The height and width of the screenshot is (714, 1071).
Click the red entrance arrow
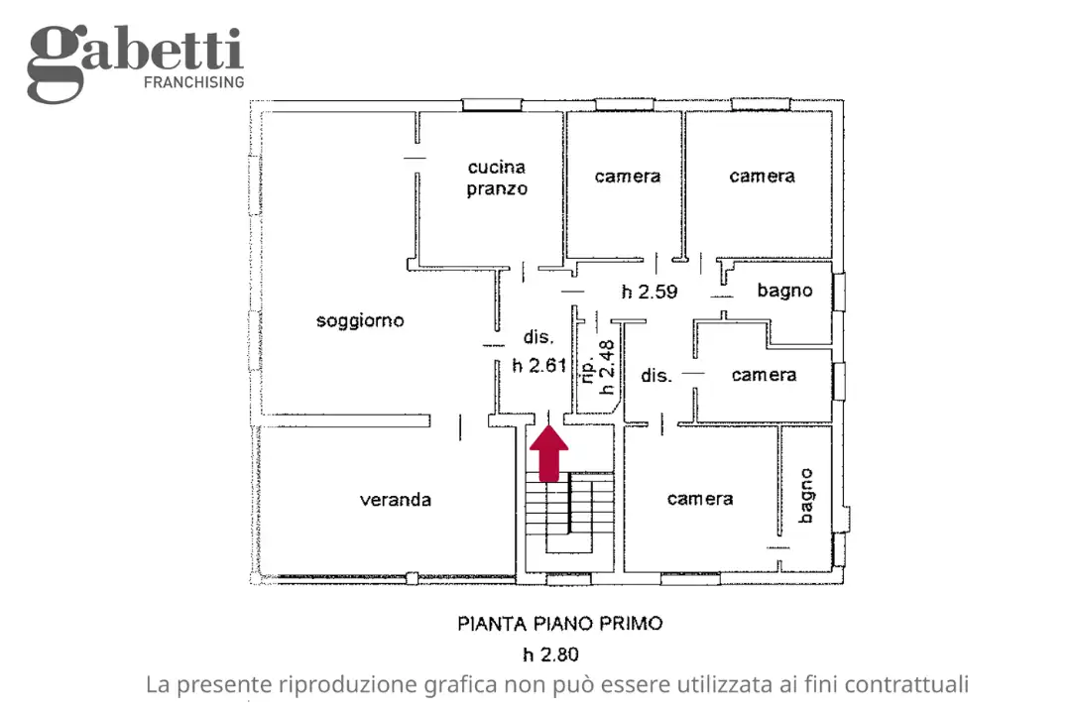click(x=548, y=455)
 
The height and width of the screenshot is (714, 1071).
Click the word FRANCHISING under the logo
click(x=194, y=82)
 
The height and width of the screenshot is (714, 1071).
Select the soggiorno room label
click(x=360, y=320)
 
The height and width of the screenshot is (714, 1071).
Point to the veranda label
click(x=395, y=500)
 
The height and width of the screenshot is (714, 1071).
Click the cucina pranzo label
click(x=497, y=178)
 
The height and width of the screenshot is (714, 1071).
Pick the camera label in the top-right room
click(x=762, y=176)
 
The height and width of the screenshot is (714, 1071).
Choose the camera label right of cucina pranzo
click(x=627, y=176)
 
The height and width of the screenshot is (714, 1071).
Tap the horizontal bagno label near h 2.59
click(x=784, y=291)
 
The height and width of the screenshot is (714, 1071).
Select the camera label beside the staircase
click(x=699, y=499)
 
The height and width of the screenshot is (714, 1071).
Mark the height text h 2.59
click(x=649, y=292)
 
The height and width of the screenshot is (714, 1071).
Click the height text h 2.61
click(x=538, y=365)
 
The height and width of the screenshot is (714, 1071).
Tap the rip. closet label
click(x=588, y=369)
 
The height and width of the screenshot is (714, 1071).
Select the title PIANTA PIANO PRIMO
click(x=559, y=624)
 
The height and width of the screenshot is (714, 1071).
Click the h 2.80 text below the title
click(x=550, y=654)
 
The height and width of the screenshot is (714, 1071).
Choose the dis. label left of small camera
click(x=656, y=375)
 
